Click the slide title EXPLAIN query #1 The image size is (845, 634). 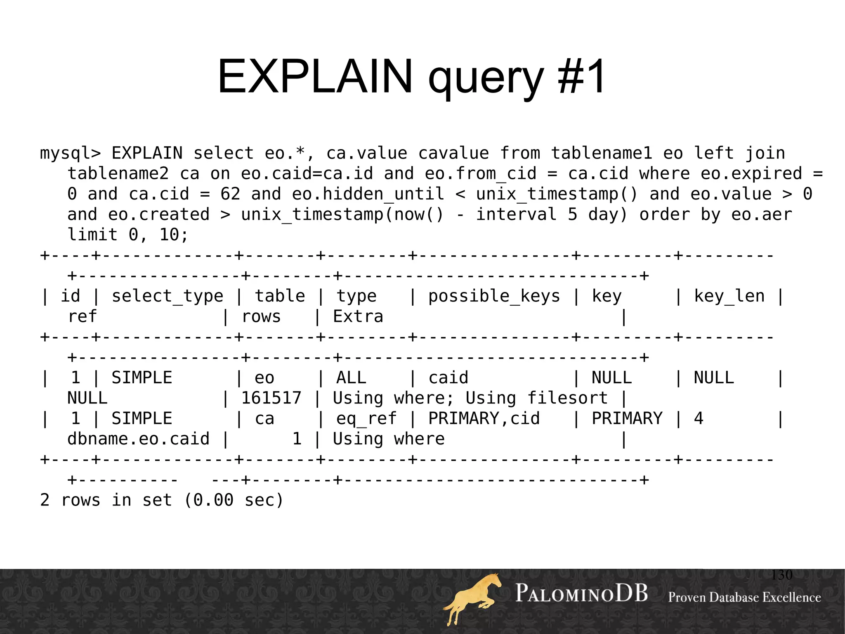coord(411,77)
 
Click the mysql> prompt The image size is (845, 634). coord(70,153)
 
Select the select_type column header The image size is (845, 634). coord(167,296)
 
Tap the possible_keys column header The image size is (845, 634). coord(494,296)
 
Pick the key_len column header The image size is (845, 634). coord(729,296)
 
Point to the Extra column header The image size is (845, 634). coord(358,317)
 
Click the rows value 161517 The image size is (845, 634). coord(271,398)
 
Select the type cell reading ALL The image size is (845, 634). coord(351,378)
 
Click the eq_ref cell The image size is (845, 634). coord(366,418)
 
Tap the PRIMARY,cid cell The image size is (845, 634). coord(484,418)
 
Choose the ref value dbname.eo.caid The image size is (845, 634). coord(138,439)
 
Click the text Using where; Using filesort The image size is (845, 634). coord(470,398)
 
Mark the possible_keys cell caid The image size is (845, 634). coord(448,378)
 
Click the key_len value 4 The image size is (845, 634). coord(698,418)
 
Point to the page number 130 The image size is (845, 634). coord(781,575)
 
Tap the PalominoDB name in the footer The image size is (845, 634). coord(581,594)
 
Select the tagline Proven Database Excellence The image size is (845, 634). coord(744,597)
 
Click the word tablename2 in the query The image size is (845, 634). coord(118,173)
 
